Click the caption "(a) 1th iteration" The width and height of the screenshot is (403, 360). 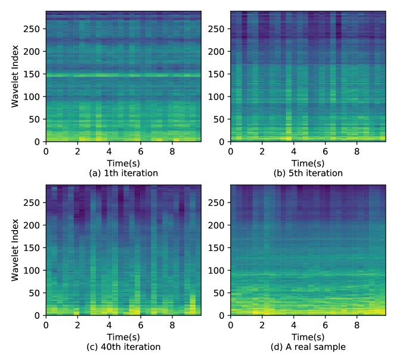point(123,173)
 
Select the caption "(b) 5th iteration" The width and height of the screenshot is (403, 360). point(308,173)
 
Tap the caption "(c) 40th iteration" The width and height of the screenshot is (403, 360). point(123,347)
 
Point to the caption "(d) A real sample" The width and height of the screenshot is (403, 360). point(308,347)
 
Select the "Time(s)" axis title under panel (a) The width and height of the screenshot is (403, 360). point(123,163)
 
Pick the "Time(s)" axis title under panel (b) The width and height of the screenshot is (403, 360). point(308,163)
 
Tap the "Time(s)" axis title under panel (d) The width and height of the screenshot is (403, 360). point(308,337)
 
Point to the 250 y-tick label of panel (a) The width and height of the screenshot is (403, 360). point(33,29)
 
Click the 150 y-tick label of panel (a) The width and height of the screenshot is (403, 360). point(33,74)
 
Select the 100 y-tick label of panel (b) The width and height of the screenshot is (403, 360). point(218,97)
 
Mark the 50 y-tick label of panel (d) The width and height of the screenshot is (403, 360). point(221,293)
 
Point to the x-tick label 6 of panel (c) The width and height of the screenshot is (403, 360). point(141,325)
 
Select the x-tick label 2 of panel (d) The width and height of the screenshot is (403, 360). point(262,325)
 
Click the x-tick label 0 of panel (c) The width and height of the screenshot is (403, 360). point(46,325)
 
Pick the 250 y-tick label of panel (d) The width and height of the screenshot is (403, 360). point(218,202)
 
